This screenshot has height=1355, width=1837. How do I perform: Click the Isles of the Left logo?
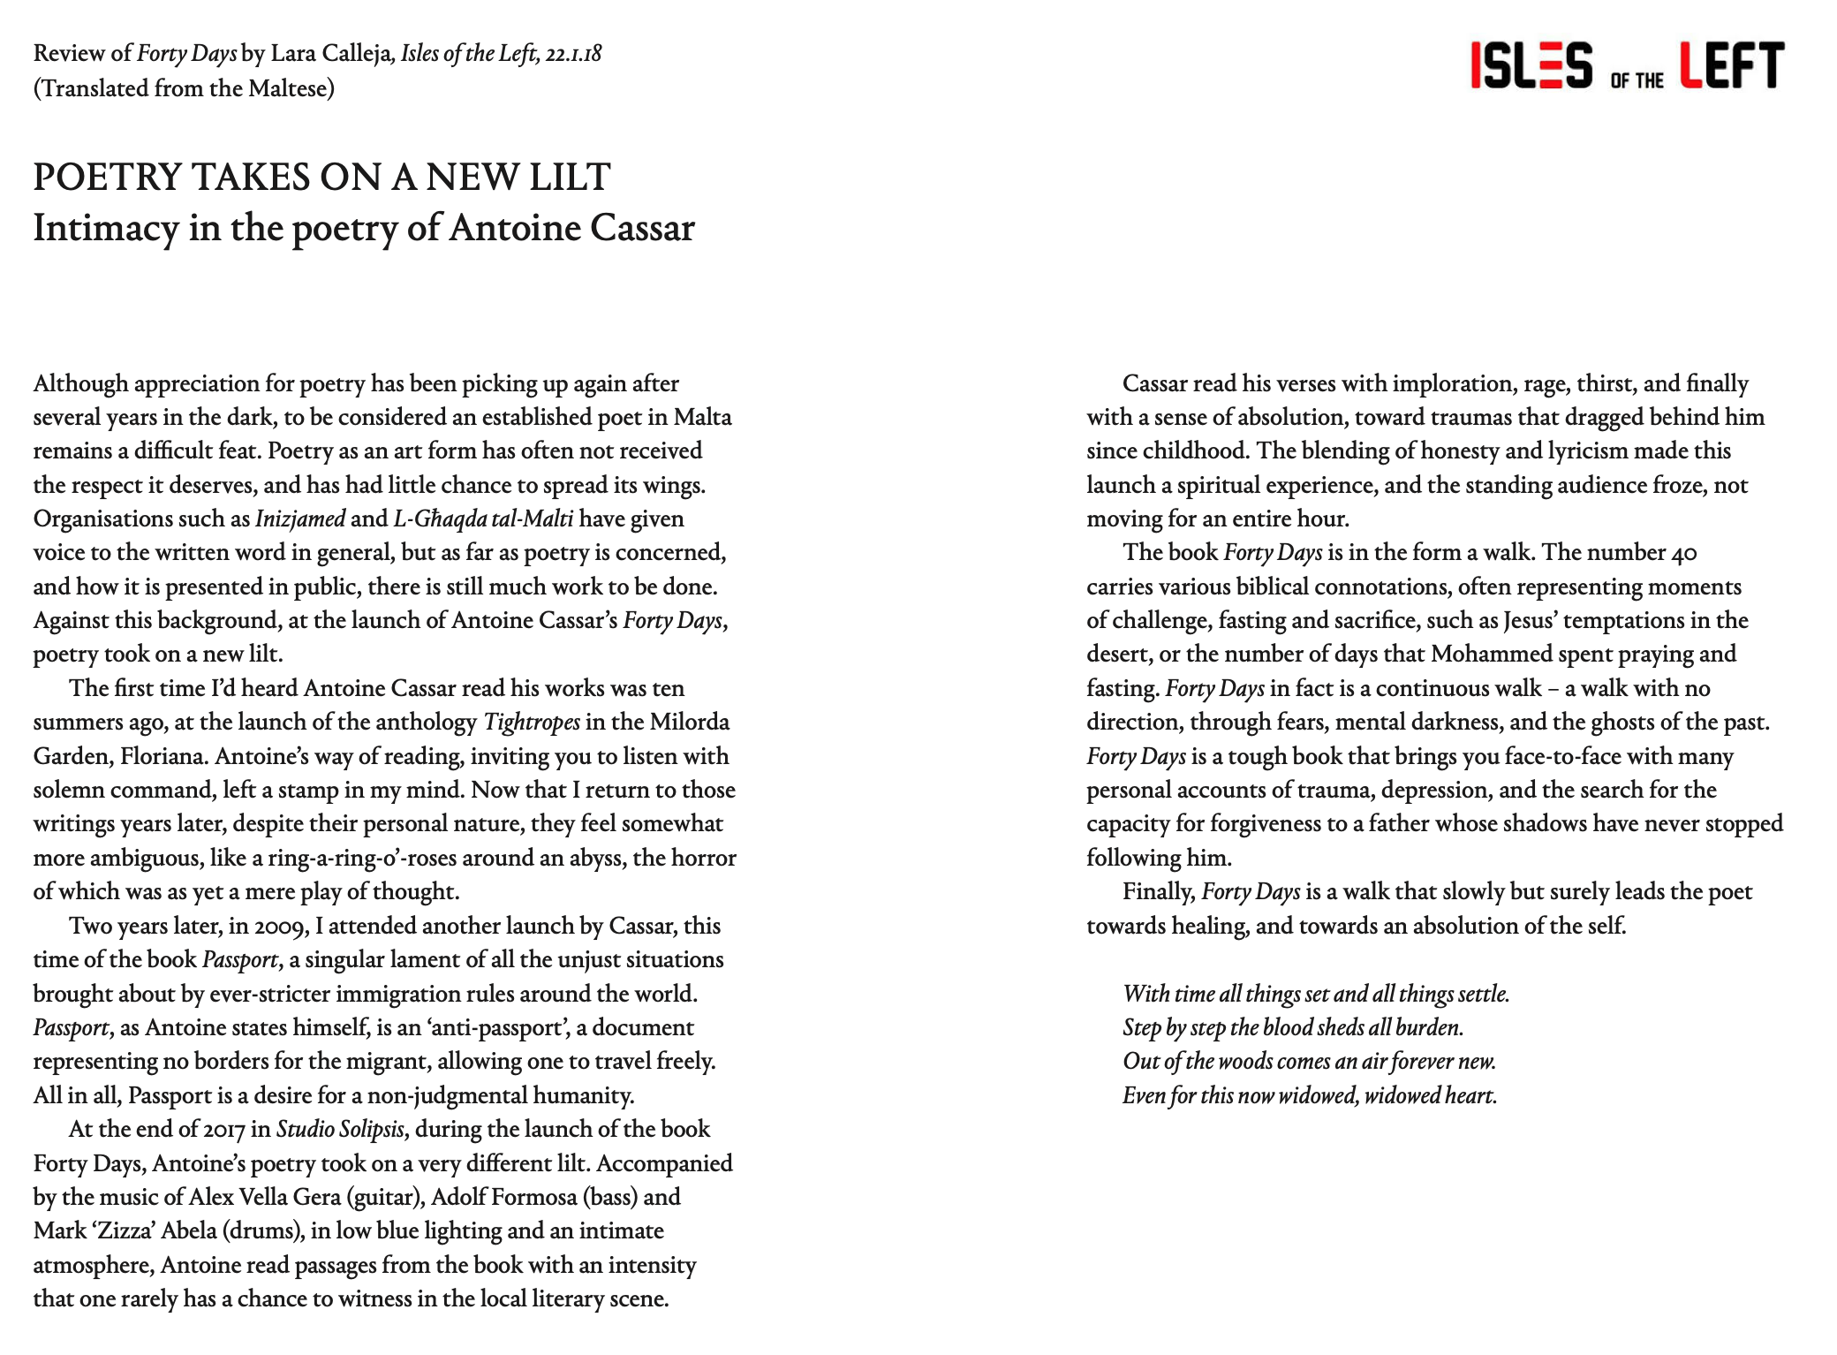1627,65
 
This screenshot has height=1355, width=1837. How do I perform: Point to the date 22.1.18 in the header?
573,54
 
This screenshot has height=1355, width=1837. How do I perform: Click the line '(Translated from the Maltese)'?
184,88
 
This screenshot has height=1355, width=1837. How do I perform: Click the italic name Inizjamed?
299,519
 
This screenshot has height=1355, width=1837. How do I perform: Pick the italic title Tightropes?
532,723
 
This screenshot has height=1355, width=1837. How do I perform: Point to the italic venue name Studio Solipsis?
340,1129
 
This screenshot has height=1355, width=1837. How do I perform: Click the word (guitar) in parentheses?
382,1197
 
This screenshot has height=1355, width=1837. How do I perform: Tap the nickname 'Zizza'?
118,1230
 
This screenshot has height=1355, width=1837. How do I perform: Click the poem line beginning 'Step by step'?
1293,1027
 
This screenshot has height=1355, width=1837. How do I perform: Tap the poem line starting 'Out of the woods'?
1309,1061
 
